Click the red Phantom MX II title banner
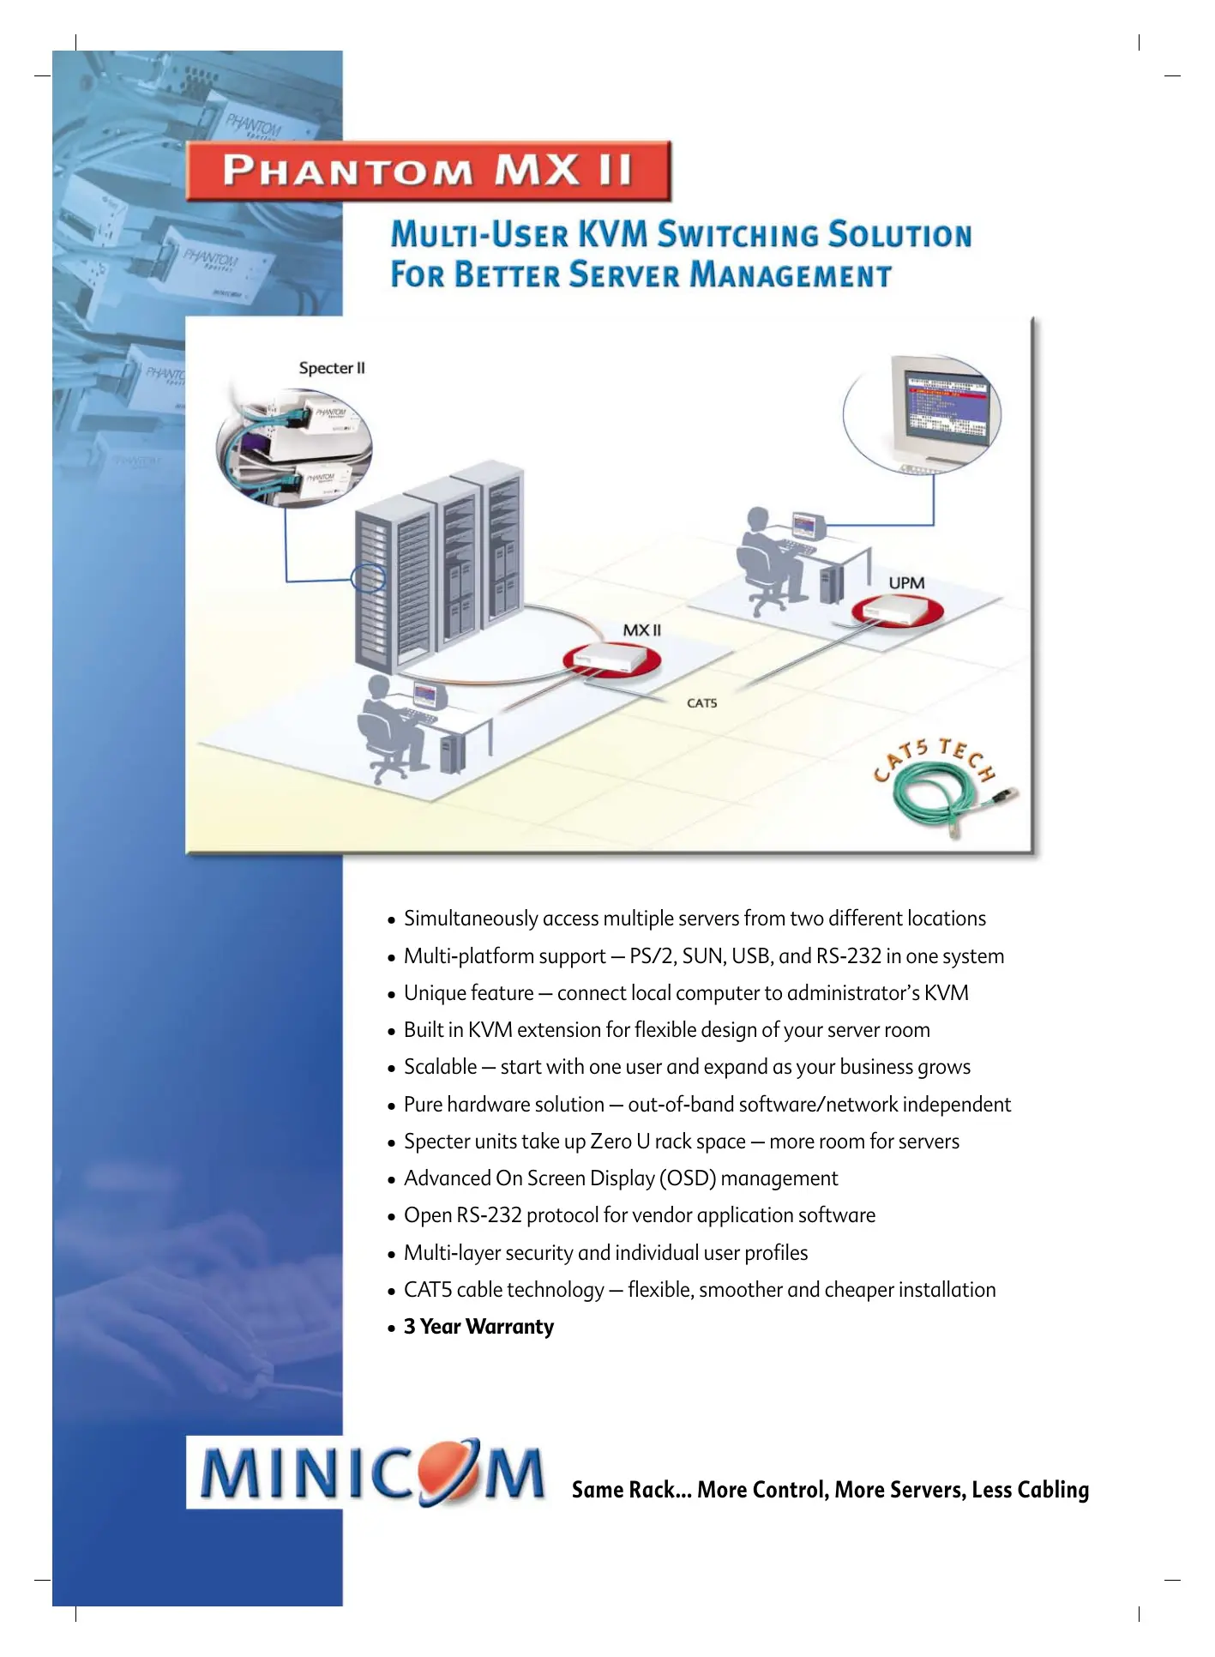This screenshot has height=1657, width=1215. [x=428, y=171]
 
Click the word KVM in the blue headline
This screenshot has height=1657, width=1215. [x=611, y=234]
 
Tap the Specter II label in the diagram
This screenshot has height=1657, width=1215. [x=332, y=368]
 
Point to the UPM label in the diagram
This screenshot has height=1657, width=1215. [x=906, y=583]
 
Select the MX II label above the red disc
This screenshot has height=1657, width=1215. [x=641, y=630]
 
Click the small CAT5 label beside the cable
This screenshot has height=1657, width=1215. [x=701, y=703]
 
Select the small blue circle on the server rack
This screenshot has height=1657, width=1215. [x=368, y=577]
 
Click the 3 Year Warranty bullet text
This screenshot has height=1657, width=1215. [x=478, y=1327]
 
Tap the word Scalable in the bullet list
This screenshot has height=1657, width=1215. [x=440, y=1067]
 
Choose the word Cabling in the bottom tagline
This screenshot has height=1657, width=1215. [x=1053, y=1491]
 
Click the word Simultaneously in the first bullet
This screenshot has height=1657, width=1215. [x=470, y=919]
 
